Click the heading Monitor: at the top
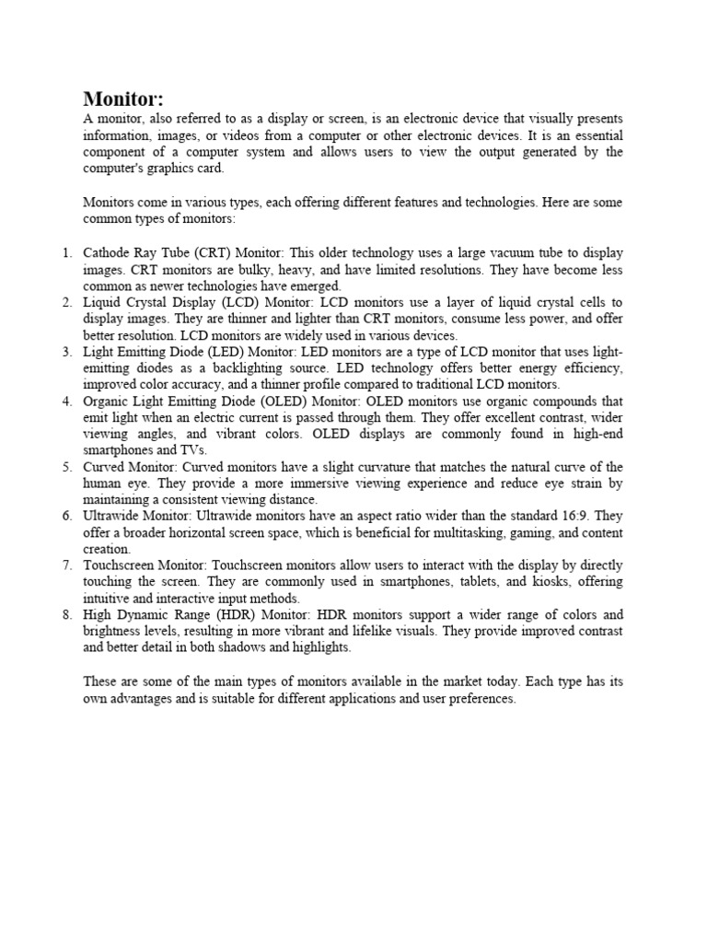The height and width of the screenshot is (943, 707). pos(123,99)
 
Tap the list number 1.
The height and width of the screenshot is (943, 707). pos(65,252)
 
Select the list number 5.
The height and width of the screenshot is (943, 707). pos(66,467)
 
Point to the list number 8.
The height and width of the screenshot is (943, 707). pos(66,614)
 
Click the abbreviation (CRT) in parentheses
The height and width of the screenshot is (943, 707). pos(210,252)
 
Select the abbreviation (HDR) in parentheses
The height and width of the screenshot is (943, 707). pos(235,614)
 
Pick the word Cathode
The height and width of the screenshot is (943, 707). pos(107,252)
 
